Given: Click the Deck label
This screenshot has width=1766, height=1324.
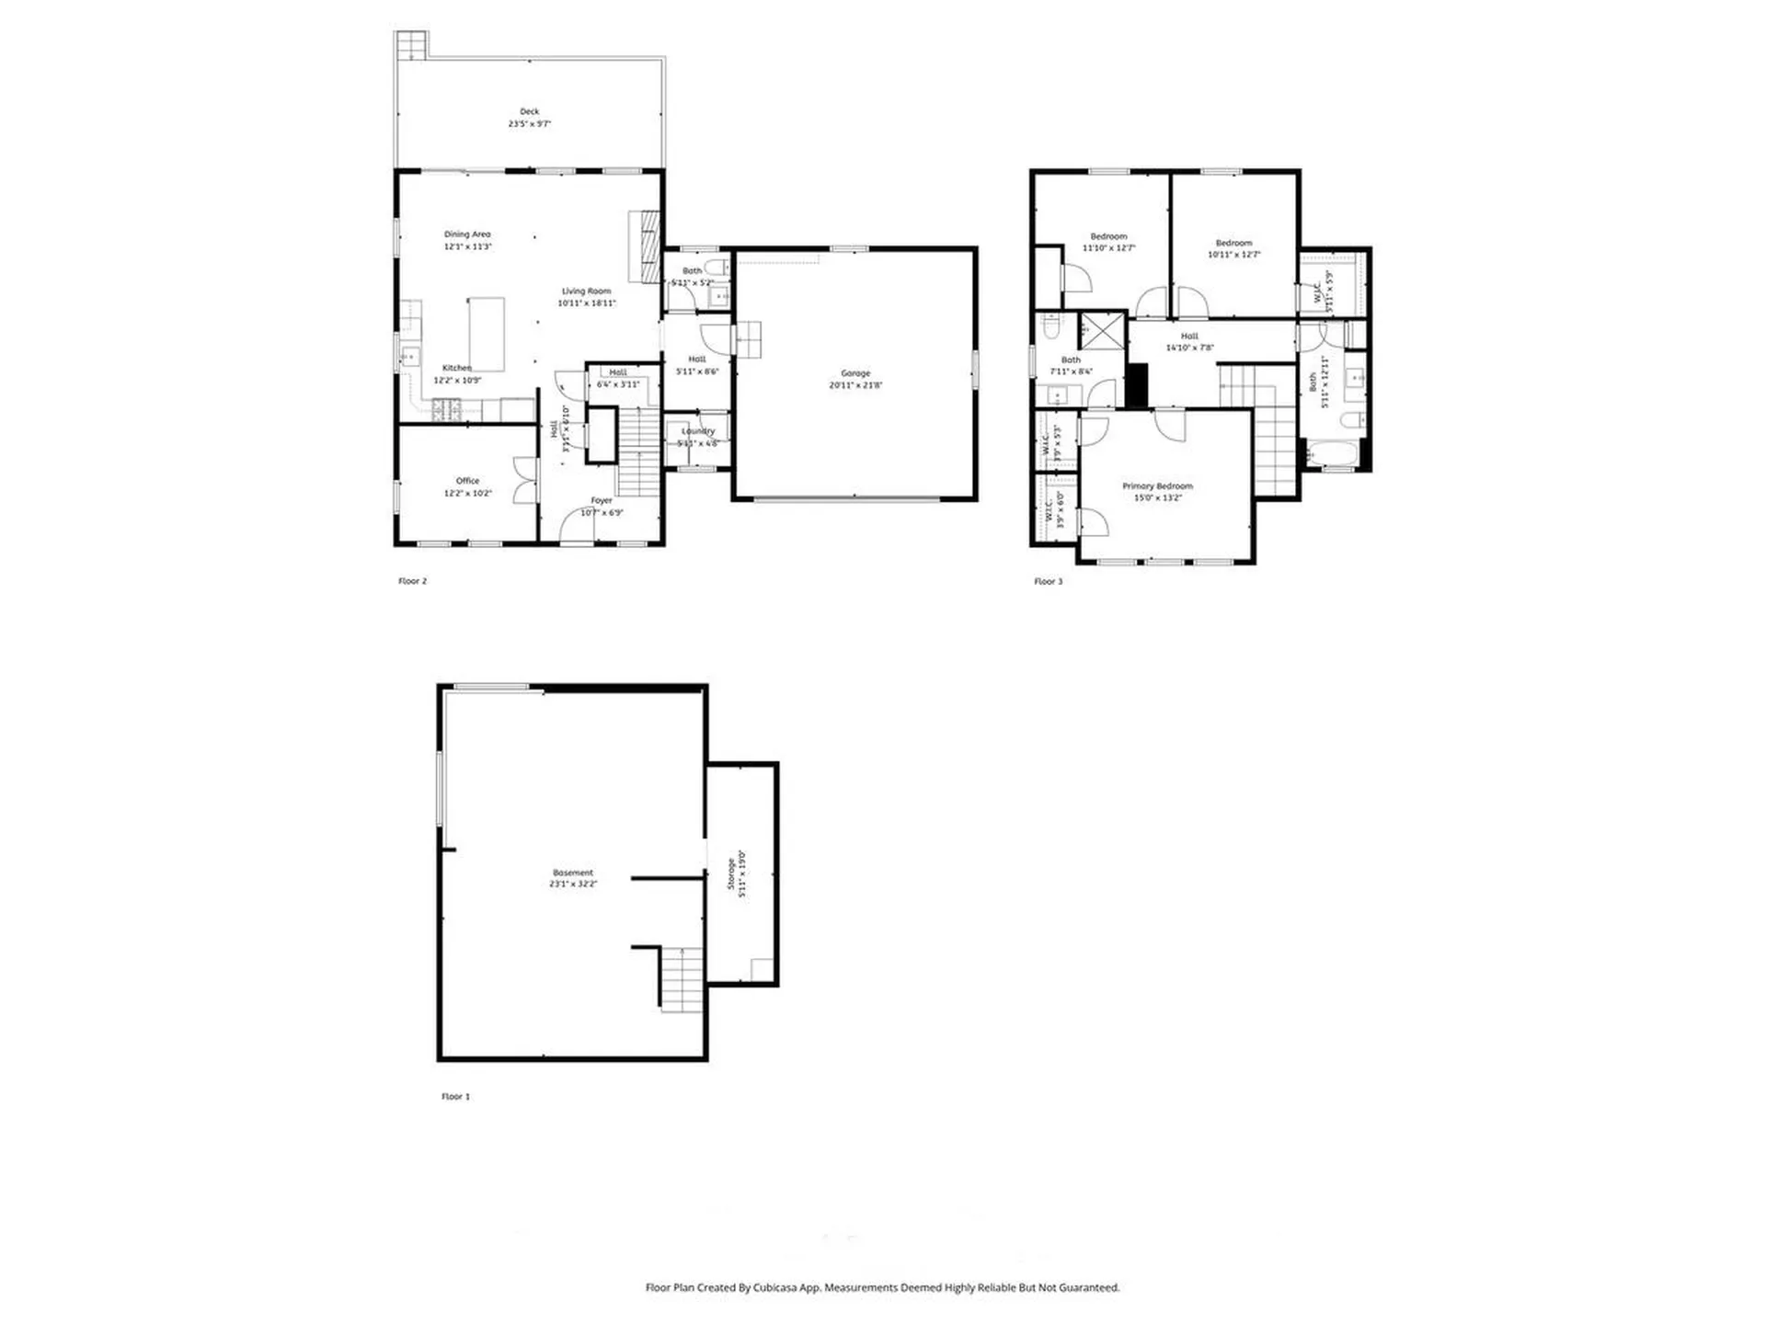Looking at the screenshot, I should click(x=529, y=111).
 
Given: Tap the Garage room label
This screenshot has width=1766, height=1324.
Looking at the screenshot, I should click(x=854, y=373).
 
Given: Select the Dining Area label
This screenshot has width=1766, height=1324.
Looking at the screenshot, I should click(x=467, y=234).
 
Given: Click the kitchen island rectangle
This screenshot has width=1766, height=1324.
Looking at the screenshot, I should click(x=487, y=334).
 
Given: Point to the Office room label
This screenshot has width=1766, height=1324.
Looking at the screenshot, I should click(x=467, y=481).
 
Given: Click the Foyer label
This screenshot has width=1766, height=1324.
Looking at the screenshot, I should click(x=601, y=501).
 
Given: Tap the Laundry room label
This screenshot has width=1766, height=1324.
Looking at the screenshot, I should click(x=697, y=431).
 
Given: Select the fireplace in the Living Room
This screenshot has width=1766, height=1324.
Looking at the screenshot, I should click(x=645, y=246).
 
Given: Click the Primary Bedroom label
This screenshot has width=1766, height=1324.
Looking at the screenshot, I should click(x=1157, y=486).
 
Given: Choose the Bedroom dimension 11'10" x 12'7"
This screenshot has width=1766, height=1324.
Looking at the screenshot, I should click(x=1108, y=248).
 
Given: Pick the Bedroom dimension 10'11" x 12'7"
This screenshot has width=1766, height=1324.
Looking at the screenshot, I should click(x=1233, y=255).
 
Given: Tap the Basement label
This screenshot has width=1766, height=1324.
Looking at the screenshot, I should click(x=573, y=873).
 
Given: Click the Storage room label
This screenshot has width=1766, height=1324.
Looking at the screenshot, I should click(x=731, y=874).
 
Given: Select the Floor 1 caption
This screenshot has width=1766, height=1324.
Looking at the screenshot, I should click(x=455, y=1096).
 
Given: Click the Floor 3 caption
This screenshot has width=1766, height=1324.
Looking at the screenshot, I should click(x=1048, y=581).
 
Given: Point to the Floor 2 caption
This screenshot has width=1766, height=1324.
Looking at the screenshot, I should click(x=412, y=581).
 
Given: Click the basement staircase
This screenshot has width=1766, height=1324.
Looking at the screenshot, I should click(x=682, y=979).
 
